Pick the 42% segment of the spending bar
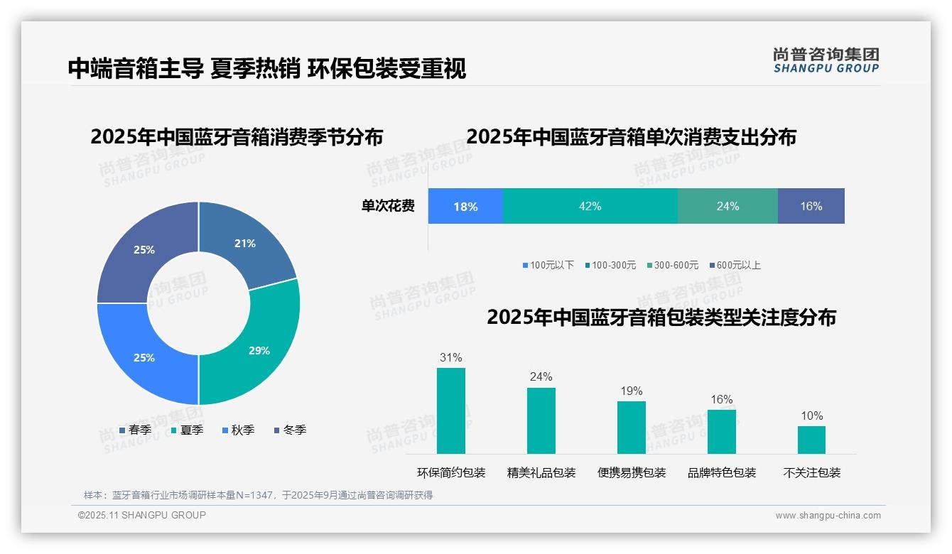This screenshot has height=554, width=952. [x=590, y=206]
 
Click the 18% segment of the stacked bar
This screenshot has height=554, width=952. [x=465, y=206]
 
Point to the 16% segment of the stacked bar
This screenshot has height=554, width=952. [x=811, y=206]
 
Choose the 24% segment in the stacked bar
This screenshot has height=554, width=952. [x=727, y=206]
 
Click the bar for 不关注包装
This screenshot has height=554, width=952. [x=811, y=440]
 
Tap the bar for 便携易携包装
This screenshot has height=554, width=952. [x=631, y=427]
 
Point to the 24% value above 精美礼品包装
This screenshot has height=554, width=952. [x=541, y=376]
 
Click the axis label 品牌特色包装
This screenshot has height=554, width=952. [x=721, y=472]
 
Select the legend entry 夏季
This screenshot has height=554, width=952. [x=188, y=430]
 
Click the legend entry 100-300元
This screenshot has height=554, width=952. [x=610, y=265]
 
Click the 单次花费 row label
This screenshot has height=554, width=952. [x=388, y=206]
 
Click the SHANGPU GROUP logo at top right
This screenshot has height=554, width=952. [x=826, y=60]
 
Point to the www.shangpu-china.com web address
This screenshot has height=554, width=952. [x=828, y=515]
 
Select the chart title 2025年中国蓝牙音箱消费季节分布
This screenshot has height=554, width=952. [x=237, y=136]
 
